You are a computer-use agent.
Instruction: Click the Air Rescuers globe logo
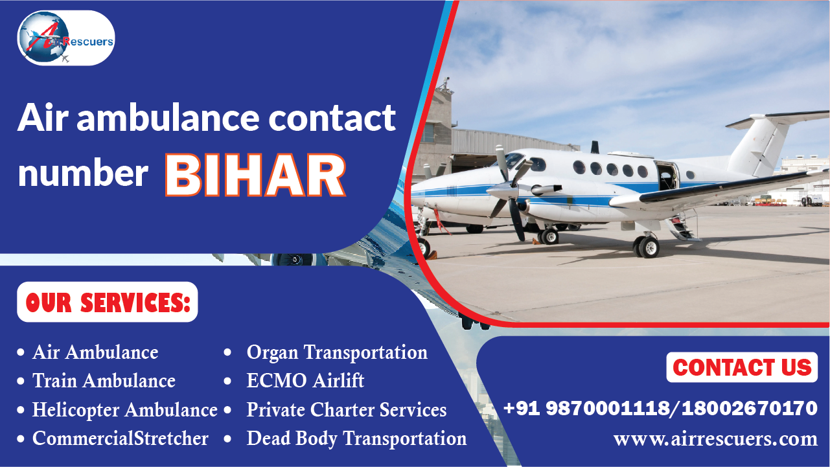(x=66, y=38)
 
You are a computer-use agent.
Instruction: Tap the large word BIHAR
(x=255, y=175)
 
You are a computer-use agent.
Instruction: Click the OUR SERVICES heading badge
(x=108, y=302)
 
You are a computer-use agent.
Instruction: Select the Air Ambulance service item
(x=95, y=352)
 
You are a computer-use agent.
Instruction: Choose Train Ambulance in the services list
(x=104, y=381)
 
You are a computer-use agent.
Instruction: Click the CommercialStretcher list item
(x=121, y=439)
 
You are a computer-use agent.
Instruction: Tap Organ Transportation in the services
(x=337, y=352)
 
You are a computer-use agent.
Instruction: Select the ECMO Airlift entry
(x=305, y=381)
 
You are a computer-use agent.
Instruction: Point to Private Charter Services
(x=347, y=410)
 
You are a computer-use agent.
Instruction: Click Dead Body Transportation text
(x=356, y=439)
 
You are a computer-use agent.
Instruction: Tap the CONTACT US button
(x=742, y=367)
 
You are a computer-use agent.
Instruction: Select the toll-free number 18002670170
(x=749, y=408)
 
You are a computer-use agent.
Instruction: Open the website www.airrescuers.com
(x=715, y=439)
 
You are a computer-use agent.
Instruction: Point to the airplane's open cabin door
(x=666, y=176)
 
